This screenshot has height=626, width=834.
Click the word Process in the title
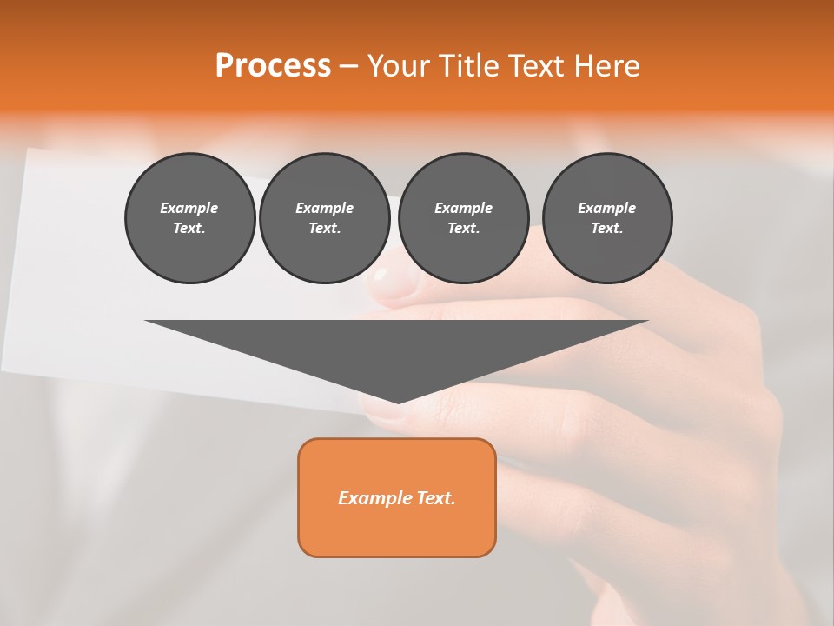coord(273,66)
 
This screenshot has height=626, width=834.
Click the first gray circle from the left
coord(190,218)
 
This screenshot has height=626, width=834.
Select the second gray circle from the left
coord(325,218)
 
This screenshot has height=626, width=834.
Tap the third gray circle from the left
coord(464,218)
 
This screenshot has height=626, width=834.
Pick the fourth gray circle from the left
coord(607,218)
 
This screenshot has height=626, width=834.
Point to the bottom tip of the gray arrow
coord(398,403)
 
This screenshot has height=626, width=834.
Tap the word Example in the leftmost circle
coord(189,208)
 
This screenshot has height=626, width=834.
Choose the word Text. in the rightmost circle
coord(607,229)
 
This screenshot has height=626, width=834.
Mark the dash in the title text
coord(349,66)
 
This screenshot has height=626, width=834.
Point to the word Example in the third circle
coord(464,208)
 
